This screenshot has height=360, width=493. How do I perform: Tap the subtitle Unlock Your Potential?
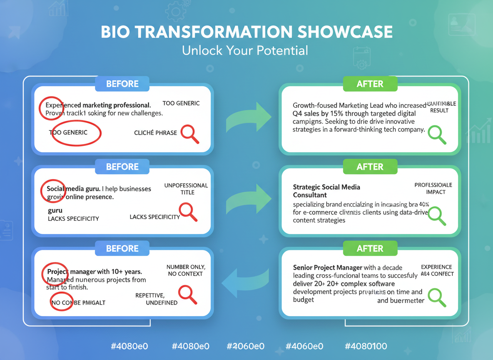click(245, 51)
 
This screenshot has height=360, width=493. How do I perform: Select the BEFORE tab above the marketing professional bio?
click(122, 84)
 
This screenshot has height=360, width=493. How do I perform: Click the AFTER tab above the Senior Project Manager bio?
click(370, 249)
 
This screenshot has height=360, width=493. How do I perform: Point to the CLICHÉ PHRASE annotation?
click(155, 133)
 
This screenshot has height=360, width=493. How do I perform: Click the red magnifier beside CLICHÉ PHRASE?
click(189, 134)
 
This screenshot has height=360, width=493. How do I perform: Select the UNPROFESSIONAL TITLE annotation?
click(186, 189)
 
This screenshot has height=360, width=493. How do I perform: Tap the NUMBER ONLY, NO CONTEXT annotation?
click(186, 270)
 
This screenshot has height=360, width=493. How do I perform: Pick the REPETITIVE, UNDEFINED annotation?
click(156, 299)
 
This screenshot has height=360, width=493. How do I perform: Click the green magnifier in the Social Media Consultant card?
click(437, 216)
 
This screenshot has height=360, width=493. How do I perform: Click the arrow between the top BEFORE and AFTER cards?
click(248, 118)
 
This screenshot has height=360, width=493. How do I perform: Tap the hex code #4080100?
click(366, 346)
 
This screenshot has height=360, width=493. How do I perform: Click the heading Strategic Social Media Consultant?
click(326, 191)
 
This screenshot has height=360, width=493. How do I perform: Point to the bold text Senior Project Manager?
click(327, 267)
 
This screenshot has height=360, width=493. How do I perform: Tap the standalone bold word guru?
click(55, 210)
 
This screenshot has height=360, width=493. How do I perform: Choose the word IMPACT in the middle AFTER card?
click(436, 192)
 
